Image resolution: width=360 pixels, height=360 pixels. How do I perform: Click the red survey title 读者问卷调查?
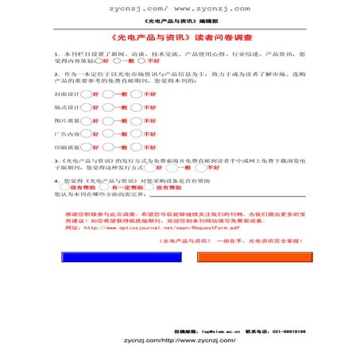click(180, 37)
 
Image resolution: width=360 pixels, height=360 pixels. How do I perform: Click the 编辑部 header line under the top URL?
click(180, 21)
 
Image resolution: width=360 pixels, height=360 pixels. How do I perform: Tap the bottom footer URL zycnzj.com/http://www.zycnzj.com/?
click(180, 339)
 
